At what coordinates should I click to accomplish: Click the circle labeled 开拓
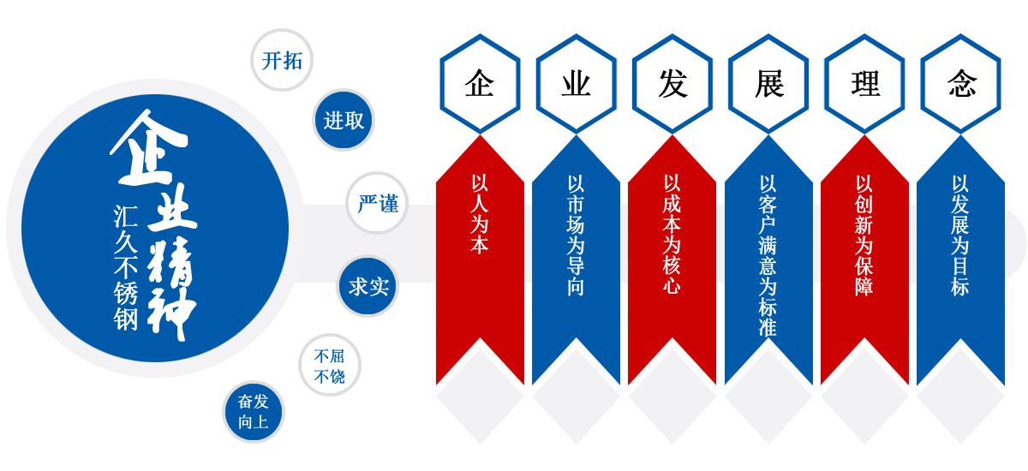282,61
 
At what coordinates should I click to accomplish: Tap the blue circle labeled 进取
344,121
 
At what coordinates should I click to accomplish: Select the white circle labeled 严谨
378,204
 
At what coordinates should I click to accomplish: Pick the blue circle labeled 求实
368,286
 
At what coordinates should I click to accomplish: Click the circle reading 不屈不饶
330,366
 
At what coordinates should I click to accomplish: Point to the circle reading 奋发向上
253,412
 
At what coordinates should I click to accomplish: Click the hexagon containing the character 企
480,84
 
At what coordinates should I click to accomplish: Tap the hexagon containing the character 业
576,84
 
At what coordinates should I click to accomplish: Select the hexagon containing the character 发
672,84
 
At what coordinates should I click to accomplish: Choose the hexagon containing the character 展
768,84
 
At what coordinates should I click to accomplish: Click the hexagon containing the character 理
864,84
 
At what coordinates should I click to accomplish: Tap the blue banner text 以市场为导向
576,235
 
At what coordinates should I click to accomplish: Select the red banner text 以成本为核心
672,235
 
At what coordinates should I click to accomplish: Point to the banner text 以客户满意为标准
768,255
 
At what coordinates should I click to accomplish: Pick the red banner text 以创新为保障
864,235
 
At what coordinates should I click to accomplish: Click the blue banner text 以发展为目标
960,235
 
